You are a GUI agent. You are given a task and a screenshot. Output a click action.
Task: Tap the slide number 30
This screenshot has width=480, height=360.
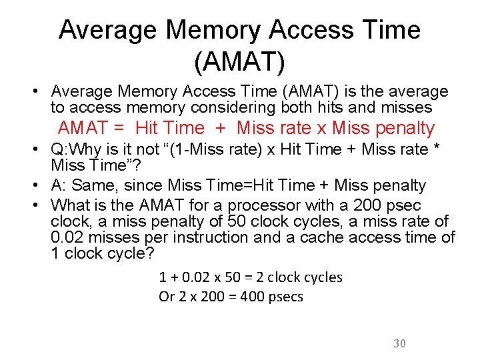(x=399, y=343)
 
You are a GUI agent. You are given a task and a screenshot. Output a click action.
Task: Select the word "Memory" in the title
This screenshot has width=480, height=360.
(x=208, y=30)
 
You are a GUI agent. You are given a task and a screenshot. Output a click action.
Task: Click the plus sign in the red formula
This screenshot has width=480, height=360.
(x=220, y=128)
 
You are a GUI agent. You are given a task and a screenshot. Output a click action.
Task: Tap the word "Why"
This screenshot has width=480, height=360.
(x=90, y=149)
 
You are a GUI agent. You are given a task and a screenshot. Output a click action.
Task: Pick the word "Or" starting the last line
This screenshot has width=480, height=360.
(x=166, y=297)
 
